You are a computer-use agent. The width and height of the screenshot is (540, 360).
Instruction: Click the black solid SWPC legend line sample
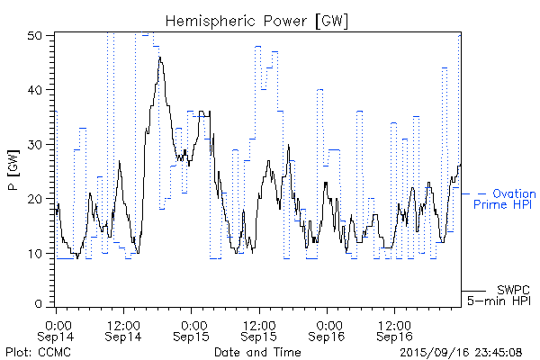point(477,291)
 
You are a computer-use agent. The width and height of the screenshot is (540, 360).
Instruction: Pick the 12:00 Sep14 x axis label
point(123,330)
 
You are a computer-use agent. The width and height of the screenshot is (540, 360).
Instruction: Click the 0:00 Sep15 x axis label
point(191,330)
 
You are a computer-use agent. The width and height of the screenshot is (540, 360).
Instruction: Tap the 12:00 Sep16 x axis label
point(393,330)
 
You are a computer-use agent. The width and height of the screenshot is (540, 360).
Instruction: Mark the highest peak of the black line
point(159,58)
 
